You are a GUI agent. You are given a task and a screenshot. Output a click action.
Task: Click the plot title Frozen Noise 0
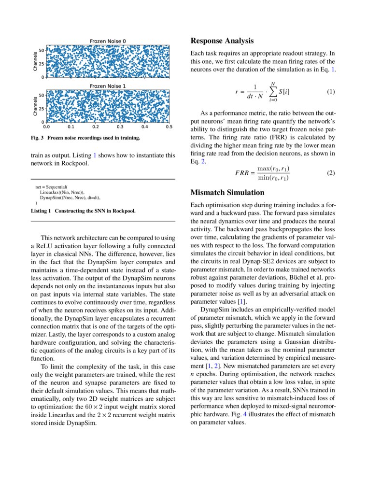(108, 41)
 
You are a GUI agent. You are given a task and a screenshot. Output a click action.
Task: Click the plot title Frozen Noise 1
(108, 86)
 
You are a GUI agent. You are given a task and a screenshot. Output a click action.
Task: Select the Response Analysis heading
(222, 41)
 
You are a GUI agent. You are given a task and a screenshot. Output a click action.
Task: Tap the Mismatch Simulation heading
(225, 192)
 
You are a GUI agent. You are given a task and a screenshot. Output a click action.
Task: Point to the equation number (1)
(331, 92)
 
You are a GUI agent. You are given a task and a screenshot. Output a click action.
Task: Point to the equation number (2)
(331, 173)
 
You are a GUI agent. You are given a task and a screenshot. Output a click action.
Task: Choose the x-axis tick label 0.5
(169, 127)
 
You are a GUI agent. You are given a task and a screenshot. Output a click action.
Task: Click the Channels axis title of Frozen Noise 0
(35, 61)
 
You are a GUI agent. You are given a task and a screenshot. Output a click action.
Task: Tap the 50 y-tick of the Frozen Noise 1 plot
(42, 95)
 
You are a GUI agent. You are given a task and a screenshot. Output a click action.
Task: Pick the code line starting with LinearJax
(62, 192)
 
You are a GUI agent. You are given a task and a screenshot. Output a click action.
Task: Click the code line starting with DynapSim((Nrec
(70, 198)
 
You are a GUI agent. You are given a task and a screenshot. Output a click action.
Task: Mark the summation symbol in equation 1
(273, 92)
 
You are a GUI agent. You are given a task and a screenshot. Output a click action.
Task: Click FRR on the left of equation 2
(242, 173)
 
